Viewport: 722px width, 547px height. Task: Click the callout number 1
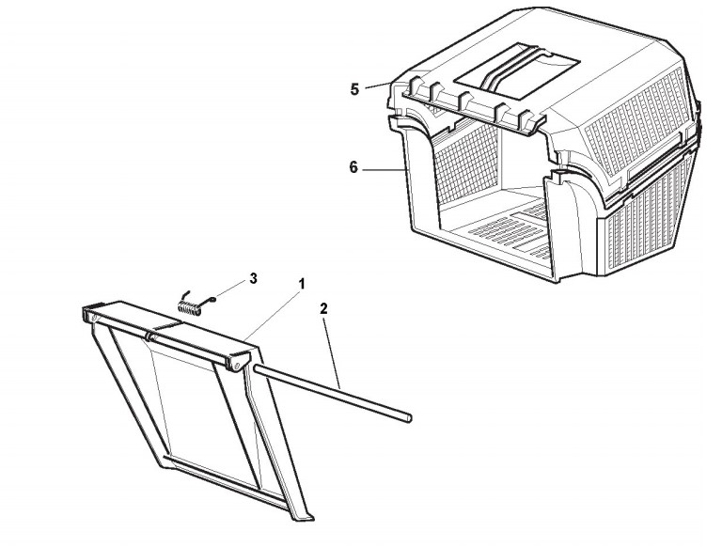pos(302,284)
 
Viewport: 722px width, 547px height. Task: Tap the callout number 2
pos(323,308)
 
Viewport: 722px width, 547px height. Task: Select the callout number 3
pos(253,278)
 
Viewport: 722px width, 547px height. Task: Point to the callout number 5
pos(354,89)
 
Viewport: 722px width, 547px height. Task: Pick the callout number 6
pos(353,167)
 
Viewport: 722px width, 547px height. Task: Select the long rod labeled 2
pos(332,391)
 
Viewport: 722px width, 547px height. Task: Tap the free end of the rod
pos(409,417)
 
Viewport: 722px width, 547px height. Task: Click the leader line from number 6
pos(385,170)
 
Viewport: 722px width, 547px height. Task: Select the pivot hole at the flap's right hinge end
pos(236,366)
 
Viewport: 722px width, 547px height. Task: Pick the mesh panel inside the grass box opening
pos(466,163)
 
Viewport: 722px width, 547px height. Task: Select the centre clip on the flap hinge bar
pos(150,336)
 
